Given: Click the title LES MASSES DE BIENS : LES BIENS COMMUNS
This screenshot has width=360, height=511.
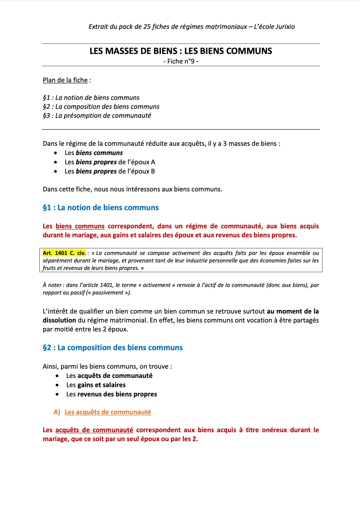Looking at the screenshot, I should (181, 51).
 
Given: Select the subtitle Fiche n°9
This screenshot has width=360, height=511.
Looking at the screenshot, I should (181, 61).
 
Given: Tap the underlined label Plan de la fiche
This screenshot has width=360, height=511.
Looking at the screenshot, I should (65, 80).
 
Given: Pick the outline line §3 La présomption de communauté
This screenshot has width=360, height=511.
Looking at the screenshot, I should (97, 115).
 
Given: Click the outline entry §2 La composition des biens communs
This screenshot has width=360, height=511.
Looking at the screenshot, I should (101, 107).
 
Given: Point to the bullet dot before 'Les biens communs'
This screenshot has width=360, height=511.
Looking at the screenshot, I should (55, 153).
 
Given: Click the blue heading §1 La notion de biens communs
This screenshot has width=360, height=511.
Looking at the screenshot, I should (101, 208).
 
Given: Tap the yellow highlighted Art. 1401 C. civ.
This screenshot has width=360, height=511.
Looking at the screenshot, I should (64, 253).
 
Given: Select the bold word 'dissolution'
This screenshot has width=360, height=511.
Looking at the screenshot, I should (59, 320).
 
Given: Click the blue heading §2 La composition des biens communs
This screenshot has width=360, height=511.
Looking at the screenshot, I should (113, 348).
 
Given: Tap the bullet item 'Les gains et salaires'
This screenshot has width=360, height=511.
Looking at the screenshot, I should (96, 385).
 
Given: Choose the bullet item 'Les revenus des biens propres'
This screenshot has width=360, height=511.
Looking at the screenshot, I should (112, 394).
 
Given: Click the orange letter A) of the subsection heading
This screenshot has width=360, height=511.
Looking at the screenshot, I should (57, 412).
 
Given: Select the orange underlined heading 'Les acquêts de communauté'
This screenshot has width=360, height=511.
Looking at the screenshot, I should (108, 412).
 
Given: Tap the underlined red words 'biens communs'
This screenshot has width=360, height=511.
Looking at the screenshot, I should (80, 226).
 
